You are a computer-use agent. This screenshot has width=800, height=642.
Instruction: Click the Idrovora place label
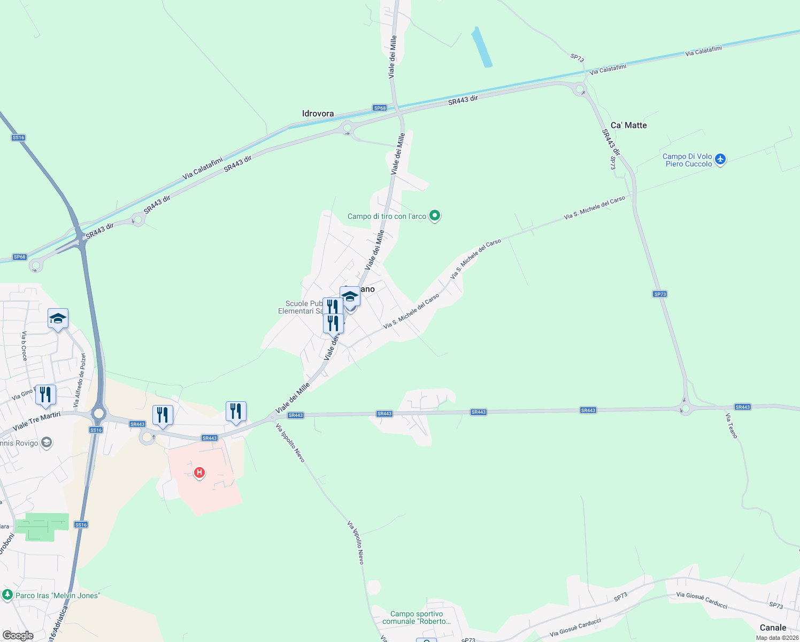point(318,113)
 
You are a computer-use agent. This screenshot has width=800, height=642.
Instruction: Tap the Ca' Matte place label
point(628,125)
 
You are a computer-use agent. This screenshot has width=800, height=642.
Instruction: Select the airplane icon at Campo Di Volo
point(720,159)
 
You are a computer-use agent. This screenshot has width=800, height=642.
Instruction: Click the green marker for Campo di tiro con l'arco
point(435,216)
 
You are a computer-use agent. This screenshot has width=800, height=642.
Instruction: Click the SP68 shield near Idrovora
point(380,108)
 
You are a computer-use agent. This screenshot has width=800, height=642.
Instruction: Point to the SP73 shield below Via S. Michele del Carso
point(660,294)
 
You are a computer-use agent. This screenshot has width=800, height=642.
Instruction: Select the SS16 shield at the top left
point(18,137)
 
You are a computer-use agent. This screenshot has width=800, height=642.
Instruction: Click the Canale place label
point(773,628)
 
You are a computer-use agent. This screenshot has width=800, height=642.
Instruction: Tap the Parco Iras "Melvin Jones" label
point(57,595)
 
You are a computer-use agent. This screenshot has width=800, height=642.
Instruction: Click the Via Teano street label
point(732,426)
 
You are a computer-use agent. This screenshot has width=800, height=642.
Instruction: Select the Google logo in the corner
point(18,636)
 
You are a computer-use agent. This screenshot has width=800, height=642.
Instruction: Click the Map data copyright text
point(777,638)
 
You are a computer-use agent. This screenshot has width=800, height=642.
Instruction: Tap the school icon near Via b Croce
point(58,319)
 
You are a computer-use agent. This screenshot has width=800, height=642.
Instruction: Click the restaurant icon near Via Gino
point(45,395)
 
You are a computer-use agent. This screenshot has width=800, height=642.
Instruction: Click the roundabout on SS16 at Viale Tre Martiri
point(98,413)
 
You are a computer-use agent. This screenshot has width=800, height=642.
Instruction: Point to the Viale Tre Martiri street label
point(36,421)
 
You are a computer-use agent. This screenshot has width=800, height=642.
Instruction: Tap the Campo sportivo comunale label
point(417,617)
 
